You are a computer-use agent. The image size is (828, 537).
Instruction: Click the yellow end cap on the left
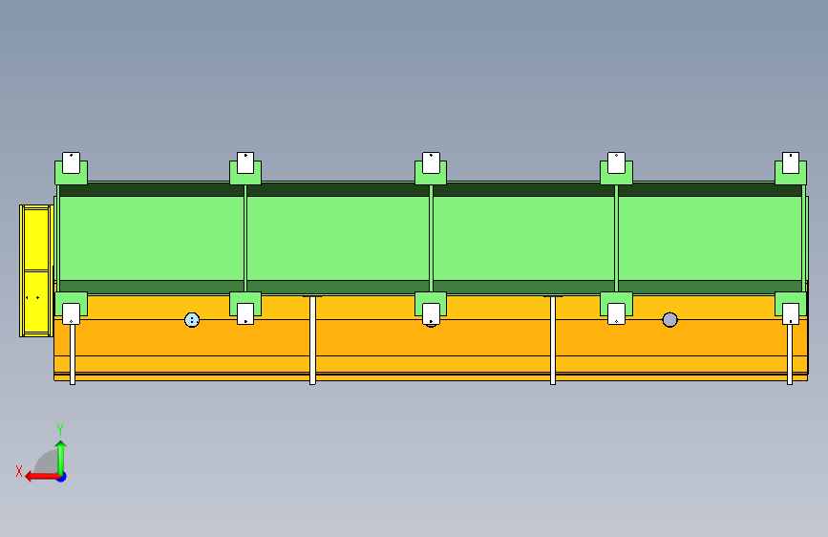click(x=35, y=269)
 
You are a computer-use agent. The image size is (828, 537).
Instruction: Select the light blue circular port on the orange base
click(x=192, y=320)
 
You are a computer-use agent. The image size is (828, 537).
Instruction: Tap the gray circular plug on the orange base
click(x=669, y=319)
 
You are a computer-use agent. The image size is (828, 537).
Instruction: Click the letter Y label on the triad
click(x=60, y=429)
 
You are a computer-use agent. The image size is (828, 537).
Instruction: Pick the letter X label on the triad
click(x=19, y=471)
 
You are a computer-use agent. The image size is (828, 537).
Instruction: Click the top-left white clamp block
click(x=71, y=162)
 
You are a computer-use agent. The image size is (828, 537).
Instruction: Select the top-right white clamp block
click(x=791, y=162)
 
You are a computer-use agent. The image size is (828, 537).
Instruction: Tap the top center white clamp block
click(x=431, y=162)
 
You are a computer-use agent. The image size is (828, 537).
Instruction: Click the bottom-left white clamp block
click(x=71, y=313)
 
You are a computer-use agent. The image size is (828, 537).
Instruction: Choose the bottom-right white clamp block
click(x=791, y=313)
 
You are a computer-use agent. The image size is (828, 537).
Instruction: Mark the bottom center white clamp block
click(x=431, y=313)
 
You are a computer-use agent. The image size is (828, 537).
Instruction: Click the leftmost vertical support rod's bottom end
click(x=73, y=380)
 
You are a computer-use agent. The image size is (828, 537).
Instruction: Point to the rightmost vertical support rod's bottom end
click(x=790, y=380)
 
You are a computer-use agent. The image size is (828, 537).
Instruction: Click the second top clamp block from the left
click(x=245, y=162)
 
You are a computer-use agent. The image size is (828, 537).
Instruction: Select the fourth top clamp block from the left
click(x=616, y=162)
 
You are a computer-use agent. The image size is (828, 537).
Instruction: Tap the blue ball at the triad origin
click(x=60, y=476)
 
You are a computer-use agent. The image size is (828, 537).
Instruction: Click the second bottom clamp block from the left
click(x=245, y=313)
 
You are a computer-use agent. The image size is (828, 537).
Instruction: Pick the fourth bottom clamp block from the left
click(x=616, y=313)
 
